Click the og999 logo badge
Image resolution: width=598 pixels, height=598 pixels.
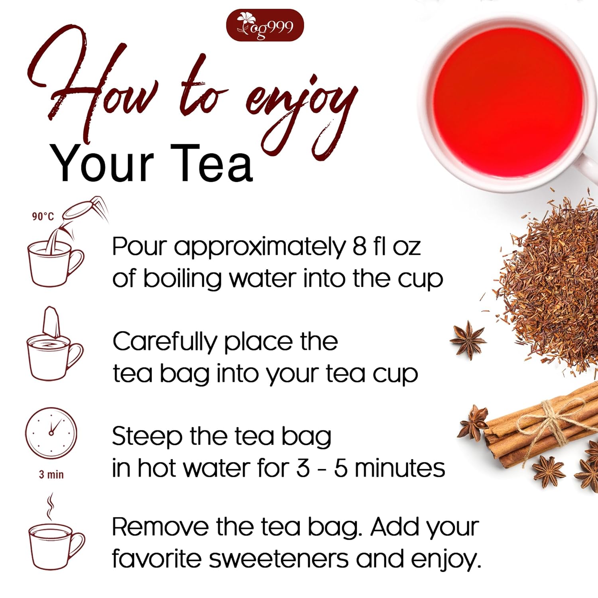pos(265,26)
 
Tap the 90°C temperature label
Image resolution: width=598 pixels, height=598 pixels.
pos(43,216)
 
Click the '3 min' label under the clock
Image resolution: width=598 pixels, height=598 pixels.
pos(51,474)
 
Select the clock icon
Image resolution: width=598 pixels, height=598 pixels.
pos(51,433)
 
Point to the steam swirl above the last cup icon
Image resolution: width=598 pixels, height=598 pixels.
pos(50,506)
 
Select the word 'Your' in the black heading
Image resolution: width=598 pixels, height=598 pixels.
pos(102,164)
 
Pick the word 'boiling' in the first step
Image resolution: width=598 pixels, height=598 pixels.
pos(182,279)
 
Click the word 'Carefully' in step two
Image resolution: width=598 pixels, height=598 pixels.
pos(165,342)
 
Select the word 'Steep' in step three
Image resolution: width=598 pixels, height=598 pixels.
pos(147,437)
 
